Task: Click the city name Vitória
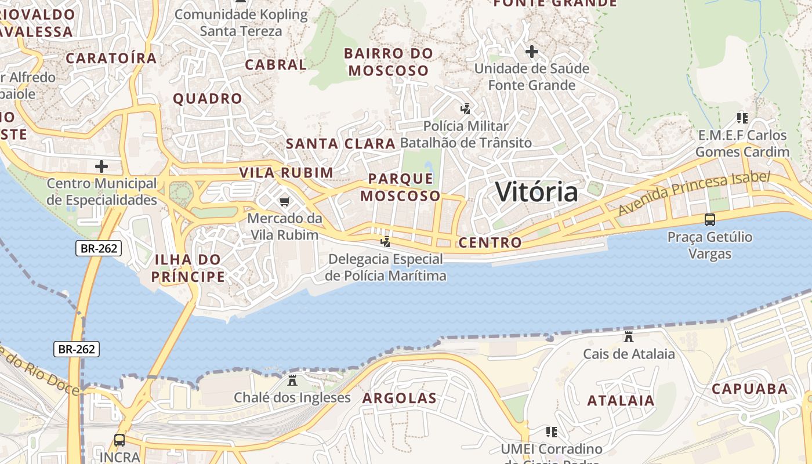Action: [536, 192]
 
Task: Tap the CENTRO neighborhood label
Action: [490, 242]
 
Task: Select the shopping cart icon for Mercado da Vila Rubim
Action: [284, 201]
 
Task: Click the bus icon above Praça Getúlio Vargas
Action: [709, 220]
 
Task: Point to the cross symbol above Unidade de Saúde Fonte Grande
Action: [531, 52]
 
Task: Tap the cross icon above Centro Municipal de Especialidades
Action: [101, 166]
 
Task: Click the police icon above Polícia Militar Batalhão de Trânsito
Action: [465, 108]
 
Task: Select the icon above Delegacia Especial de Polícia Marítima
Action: [385, 241]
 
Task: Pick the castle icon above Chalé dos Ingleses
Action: [292, 380]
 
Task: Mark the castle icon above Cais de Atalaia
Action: [629, 336]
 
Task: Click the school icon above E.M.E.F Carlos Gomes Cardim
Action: [742, 118]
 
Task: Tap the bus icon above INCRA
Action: [119, 440]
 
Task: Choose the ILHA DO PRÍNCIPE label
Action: [188, 267]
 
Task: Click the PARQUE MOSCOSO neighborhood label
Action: [400, 187]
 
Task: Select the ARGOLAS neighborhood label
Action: [399, 398]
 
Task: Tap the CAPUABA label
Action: [749, 389]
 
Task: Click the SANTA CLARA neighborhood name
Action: [340, 143]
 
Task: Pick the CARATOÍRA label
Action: [111, 58]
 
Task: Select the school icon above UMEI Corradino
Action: [551, 432]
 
